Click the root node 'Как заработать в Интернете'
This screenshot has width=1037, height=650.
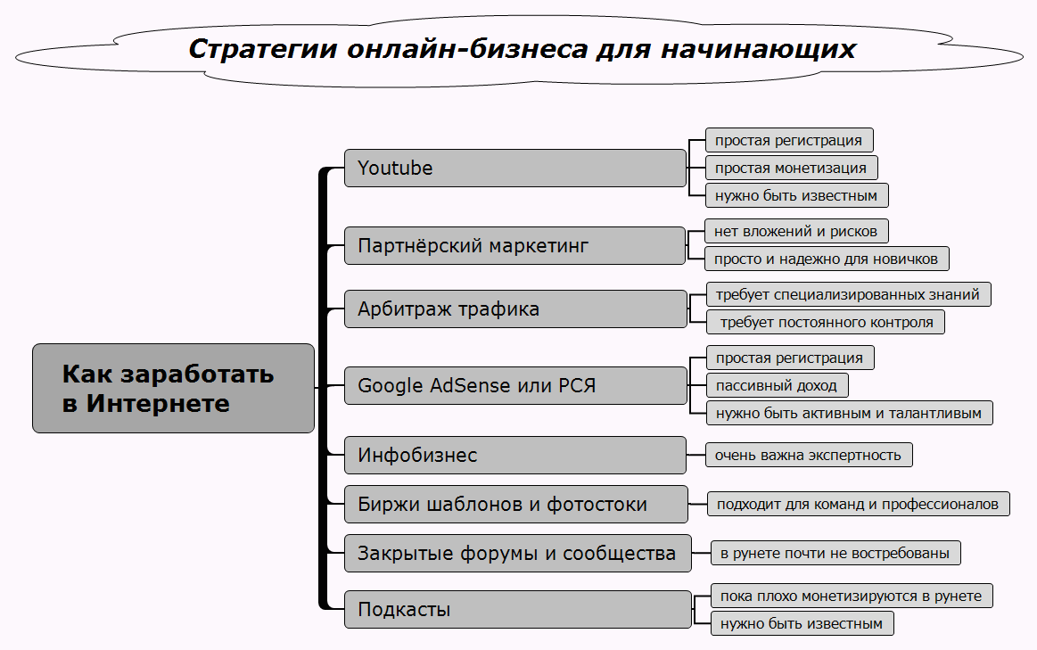[173, 388]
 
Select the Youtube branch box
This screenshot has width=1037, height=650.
[514, 168]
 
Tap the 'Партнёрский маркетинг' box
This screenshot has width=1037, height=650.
[514, 245]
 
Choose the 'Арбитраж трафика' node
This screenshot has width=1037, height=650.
[514, 309]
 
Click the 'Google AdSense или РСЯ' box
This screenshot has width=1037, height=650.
[514, 386]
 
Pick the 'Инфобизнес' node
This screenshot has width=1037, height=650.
[514, 455]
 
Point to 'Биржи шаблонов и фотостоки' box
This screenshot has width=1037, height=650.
[515, 504]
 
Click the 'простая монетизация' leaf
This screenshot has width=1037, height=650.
[791, 168]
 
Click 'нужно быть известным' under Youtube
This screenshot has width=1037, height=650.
[796, 195]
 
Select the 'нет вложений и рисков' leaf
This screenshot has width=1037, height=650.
[796, 231]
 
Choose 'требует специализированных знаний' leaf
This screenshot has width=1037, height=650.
[847, 293]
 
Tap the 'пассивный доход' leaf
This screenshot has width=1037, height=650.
[777, 385]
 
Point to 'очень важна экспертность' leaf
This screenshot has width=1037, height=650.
[809, 455]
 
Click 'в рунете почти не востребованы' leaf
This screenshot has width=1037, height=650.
[835, 553]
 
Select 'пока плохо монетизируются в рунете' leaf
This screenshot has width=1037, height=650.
[852, 596]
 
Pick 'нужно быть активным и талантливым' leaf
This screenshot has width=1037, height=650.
[849, 413]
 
